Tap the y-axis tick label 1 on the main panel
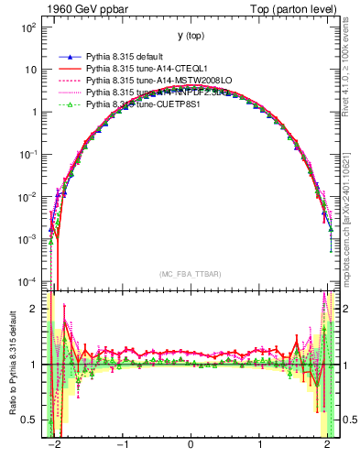33,112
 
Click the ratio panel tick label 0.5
28,420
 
